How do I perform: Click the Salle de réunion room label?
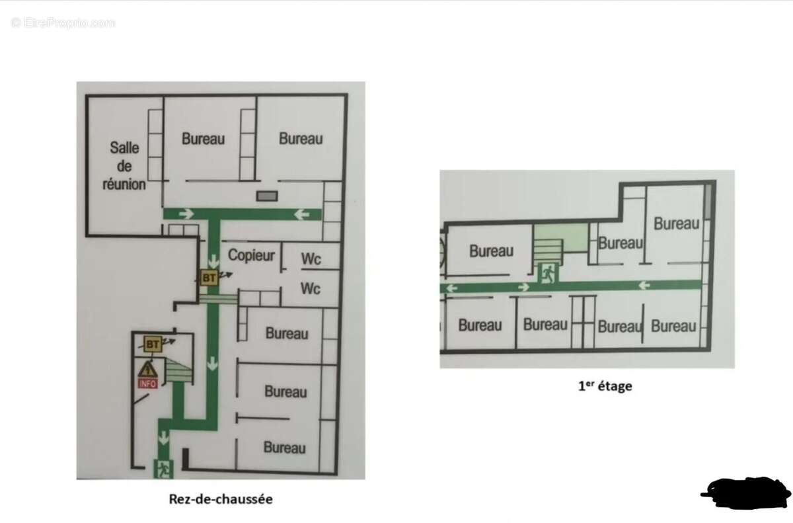[124, 166]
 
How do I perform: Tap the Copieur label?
[251, 255]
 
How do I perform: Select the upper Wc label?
[311, 259]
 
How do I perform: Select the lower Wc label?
[311, 288]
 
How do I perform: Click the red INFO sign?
[147, 383]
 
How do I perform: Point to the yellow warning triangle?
[147, 370]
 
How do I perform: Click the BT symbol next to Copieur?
[209, 278]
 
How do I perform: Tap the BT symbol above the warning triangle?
[153, 344]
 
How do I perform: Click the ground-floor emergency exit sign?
[163, 469]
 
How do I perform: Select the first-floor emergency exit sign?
[548, 274]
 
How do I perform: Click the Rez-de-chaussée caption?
[221, 499]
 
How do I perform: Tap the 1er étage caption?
[605, 385]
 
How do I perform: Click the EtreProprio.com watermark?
[63, 23]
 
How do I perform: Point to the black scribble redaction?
[746, 493]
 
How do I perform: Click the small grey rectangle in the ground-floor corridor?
[267, 196]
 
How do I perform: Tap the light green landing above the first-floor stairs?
[561, 238]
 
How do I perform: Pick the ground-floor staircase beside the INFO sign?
[180, 370]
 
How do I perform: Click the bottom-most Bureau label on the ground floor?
[284, 448]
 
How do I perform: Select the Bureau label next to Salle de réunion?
[204, 139]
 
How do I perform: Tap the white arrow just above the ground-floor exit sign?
[163, 438]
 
